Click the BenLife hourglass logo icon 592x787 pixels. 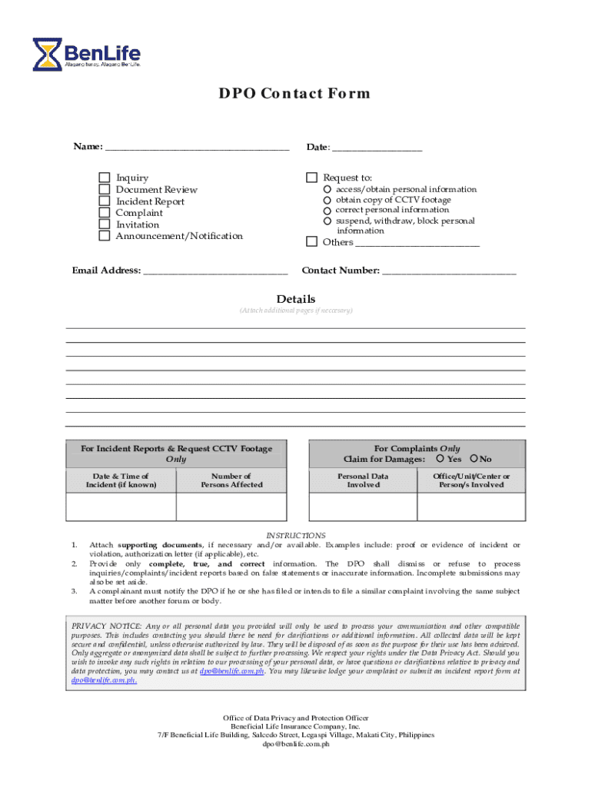click(48, 53)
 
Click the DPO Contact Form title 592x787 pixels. click(295, 94)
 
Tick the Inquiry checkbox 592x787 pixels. click(105, 178)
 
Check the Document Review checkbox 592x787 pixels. click(105, 190)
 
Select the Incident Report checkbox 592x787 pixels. click(105, 201)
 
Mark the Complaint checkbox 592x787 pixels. click(105, 213)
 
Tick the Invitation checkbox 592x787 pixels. click(105, 224)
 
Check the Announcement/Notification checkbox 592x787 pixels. click(105, 236)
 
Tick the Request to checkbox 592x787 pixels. click(311, 178)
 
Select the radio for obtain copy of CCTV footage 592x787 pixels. click(328, 200)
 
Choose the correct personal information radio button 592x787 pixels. click(328, 211)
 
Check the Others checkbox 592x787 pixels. click(311, 242)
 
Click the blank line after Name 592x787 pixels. click(197, 146)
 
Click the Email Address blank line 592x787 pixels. click(215, 271)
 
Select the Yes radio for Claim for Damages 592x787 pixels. click(440, 459)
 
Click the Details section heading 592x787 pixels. click(296, 299)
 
